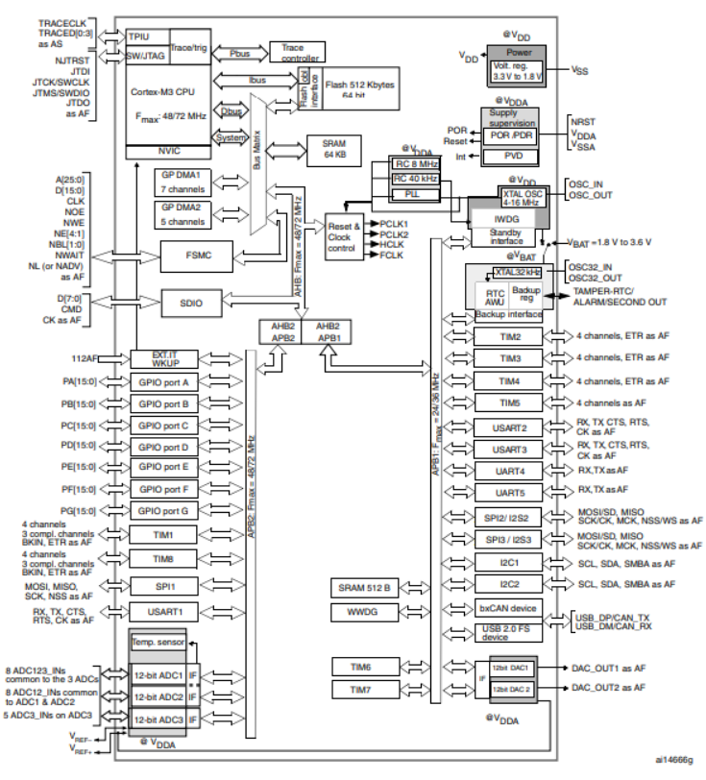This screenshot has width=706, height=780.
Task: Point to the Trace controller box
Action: (299, 51)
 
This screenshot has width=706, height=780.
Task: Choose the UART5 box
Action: (510, 492)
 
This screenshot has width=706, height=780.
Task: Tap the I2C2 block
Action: (510, 583)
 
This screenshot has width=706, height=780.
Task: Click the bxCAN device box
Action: (510, 609)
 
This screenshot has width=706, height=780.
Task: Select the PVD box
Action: (513, 155)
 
